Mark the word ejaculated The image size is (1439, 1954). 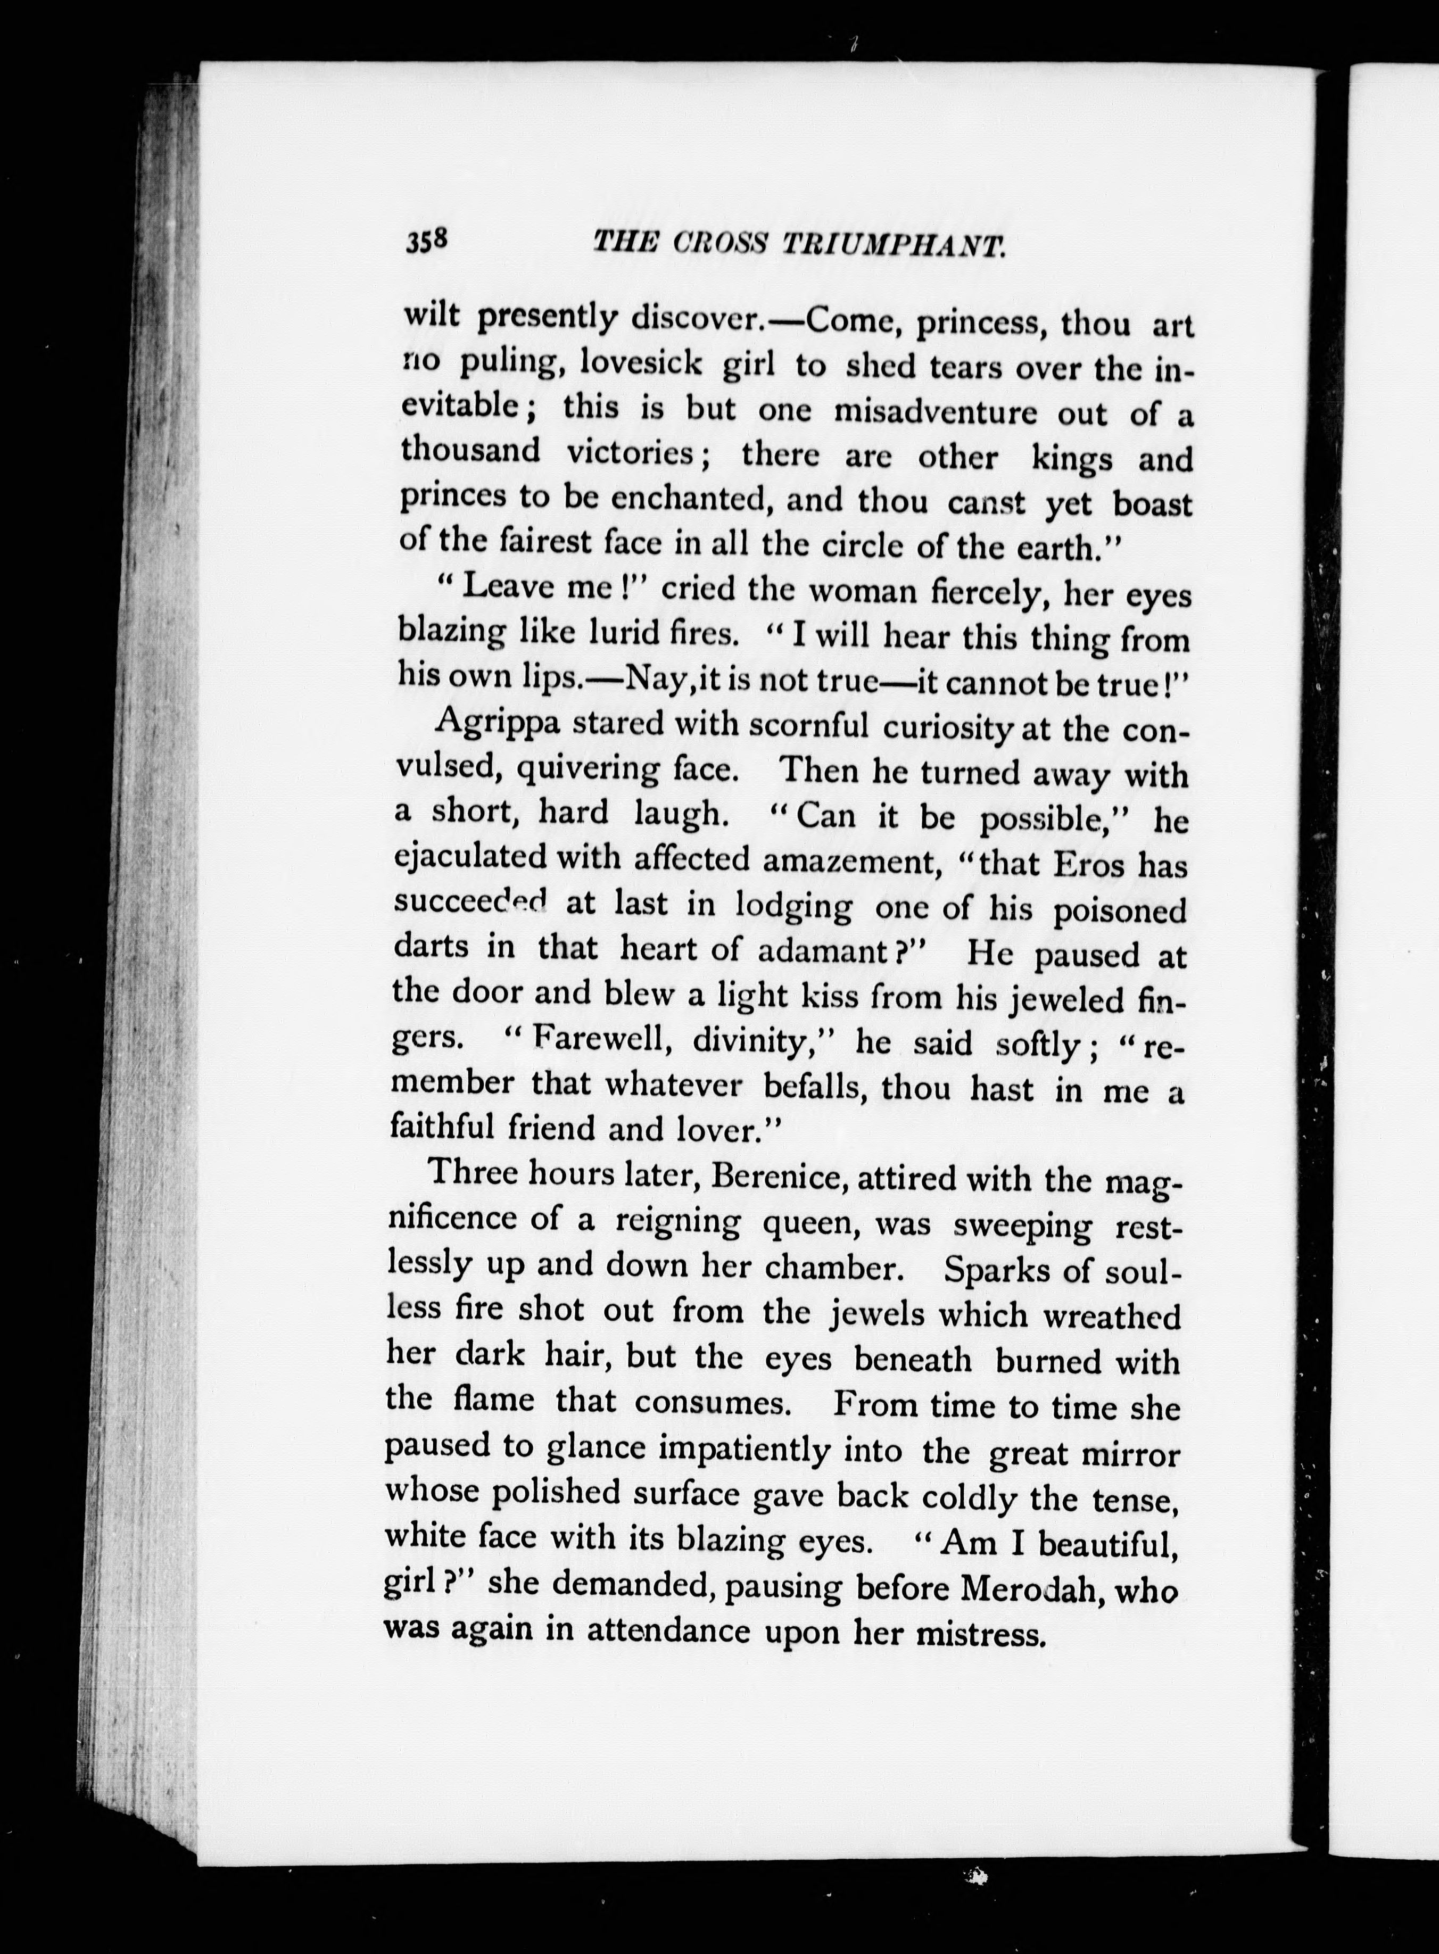[x=468, y=858]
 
